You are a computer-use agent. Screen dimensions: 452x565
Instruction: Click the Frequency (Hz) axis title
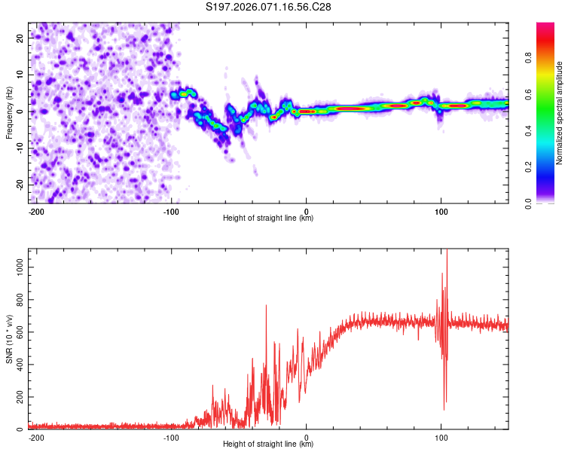9,112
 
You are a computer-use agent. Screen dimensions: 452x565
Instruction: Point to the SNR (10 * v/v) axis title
9,340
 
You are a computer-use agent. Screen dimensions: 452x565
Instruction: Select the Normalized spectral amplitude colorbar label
560,112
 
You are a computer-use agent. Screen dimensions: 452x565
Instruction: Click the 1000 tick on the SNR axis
17,267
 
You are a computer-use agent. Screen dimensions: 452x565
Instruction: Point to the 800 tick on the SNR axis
19,300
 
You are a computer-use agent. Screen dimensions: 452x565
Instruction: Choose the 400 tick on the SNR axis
19,365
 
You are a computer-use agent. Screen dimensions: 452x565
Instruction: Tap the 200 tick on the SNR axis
19,397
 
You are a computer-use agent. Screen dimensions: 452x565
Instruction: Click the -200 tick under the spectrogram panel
36,211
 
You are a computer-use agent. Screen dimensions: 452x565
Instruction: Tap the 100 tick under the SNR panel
441,437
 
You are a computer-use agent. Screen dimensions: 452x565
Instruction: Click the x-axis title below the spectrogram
268,218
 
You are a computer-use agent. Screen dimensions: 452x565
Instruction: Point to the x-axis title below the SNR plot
268,444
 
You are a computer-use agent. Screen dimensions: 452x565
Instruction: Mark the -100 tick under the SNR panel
171,437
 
